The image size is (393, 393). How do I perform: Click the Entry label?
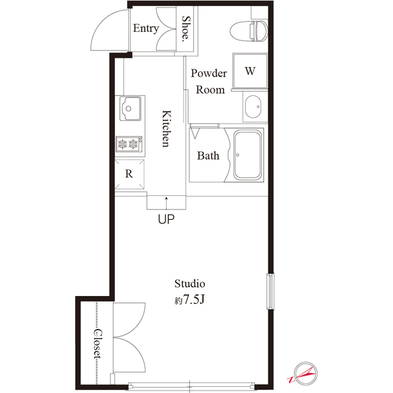coord(146,28)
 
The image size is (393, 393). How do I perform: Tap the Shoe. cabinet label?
coord(187,28)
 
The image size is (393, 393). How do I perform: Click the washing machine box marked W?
coord(249,71)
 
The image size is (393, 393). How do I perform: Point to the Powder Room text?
coord(209,81)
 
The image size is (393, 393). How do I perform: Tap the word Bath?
coord(208,156)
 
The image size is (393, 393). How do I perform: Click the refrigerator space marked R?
coord(130,174)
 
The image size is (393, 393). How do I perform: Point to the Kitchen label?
coord(165,129)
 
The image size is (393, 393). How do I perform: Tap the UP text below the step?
coord(166,219)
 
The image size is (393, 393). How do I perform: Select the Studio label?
coord(189,284)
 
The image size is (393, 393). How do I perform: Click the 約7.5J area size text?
coord(189,300)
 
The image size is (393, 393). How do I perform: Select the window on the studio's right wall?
coord(268,291)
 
